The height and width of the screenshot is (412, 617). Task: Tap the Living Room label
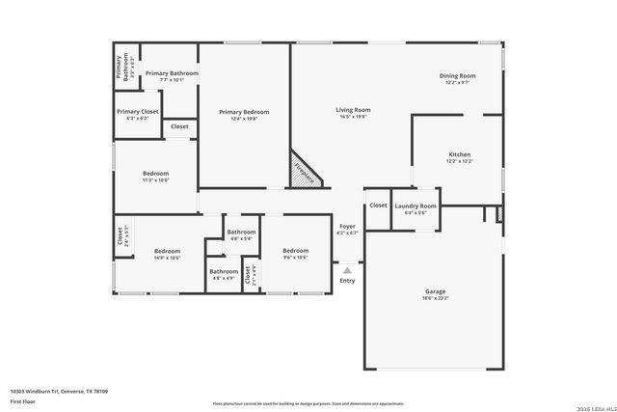tap(353, 110)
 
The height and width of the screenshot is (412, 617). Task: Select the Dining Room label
tap(458, 75)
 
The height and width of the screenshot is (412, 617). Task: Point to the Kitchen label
tap(459, 154)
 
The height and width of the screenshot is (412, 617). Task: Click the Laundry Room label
tap(416, 206)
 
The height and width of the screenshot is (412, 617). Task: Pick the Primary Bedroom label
tap(243, 112)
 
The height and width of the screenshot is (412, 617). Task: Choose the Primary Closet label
tap(138, 111)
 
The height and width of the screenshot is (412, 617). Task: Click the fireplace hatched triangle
tap(303, 174)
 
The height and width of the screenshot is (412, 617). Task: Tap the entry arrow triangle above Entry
tap(347, 271)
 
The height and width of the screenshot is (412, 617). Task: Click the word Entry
tap(347, 281)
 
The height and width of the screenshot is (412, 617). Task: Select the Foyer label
tap(347, 226)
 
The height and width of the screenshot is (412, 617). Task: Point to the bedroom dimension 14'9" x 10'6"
tap(167, 258)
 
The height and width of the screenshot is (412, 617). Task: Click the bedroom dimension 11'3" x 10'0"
tap(155, 179)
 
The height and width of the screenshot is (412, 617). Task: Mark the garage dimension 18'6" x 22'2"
tap(435, 297)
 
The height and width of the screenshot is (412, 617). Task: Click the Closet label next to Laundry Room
tap(378, 205)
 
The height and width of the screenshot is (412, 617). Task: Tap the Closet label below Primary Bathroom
tap(179, 126)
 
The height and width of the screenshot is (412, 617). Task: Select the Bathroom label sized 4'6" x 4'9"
tap(223, 271)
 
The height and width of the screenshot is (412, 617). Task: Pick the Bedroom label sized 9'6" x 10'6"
tap(295, 251)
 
